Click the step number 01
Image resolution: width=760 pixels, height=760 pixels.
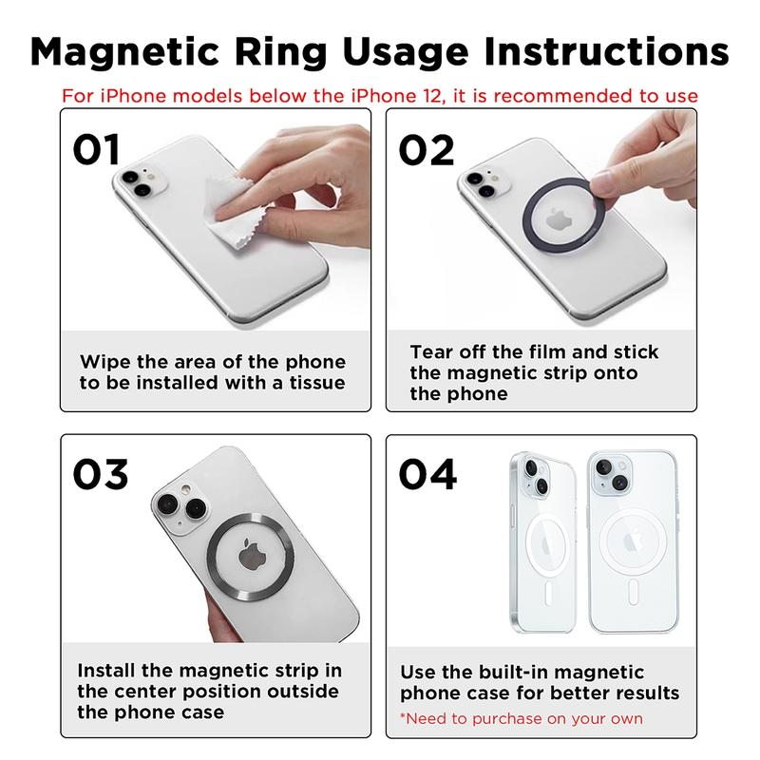pyautogui.click(x=98, y=149)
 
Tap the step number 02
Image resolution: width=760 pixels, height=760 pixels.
pyautogui.click(x=427, y=149)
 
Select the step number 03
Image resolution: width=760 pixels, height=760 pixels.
pyautogui.click(x=101, y=474)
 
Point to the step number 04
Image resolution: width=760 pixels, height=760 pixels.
pyautogui.click(x=427, y=474)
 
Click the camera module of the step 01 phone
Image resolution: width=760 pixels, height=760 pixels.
pyautogui.click(x=136, y=182)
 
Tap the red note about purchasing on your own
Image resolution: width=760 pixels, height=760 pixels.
pyautogui.click(x=521, y=718)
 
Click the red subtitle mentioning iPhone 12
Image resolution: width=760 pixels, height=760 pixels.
pyautogui.click(x=380, y=96)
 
